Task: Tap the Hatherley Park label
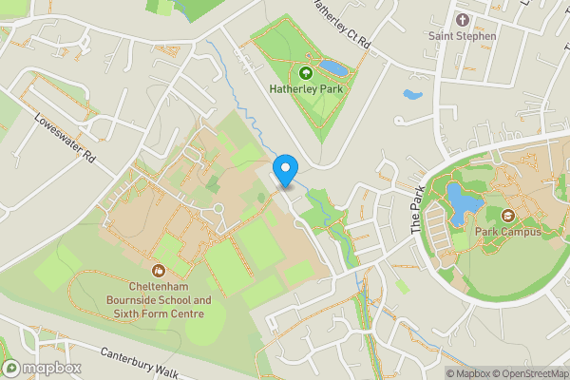306,89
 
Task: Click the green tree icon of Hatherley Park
306,72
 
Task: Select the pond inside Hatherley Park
333,68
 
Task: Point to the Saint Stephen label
463,36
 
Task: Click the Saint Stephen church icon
463,20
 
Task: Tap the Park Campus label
508,231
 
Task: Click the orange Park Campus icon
507,215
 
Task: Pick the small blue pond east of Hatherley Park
412,95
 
